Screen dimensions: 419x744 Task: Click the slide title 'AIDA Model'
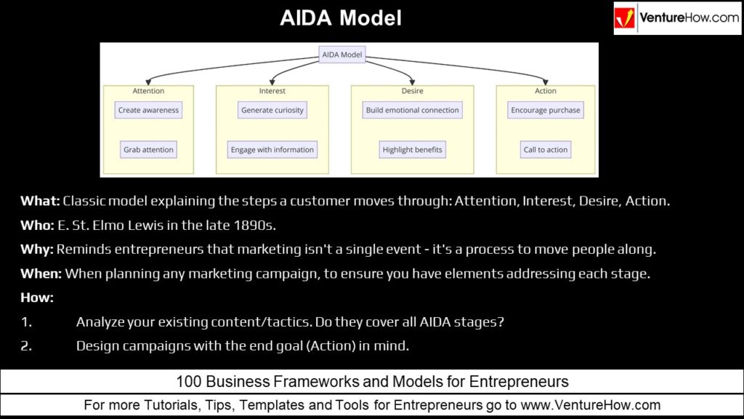(341, 18)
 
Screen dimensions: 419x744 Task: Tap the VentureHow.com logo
(677, 18)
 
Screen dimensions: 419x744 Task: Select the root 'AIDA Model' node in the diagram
(342, 55)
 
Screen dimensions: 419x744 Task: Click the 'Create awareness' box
(148, 111)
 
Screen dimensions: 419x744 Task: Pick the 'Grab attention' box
(148, 150)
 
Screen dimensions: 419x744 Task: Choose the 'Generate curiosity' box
(272, 111)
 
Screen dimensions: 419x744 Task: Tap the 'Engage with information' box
(272, 150)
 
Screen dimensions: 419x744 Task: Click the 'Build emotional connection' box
(412, 111)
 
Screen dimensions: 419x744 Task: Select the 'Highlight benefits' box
(412, 150)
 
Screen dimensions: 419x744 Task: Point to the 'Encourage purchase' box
(545, 111)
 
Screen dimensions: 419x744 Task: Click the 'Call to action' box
(545, 150)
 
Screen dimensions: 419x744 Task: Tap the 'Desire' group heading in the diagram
(412, 91)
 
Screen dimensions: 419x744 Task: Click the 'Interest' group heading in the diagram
(272, 91)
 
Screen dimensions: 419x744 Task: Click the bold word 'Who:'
(37, 225)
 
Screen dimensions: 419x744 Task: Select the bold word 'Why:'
(37, 250)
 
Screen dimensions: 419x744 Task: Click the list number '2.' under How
(26, 346)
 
